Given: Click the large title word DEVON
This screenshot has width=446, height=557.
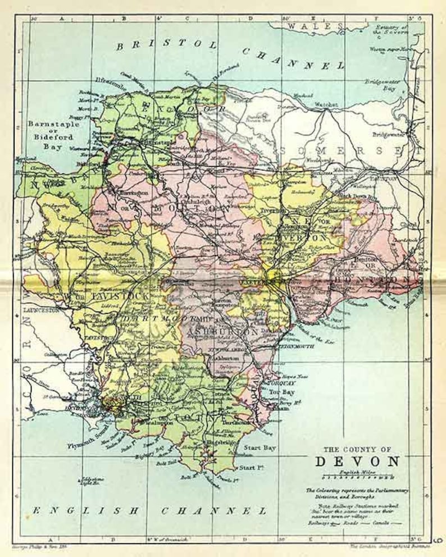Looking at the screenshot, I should [x=357, y=461].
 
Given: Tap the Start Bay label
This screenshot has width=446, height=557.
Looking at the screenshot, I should [x=260, y=448].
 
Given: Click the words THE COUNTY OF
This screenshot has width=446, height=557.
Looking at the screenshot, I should [x=357, y=449].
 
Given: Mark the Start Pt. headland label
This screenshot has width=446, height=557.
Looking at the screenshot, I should [x=251, y=467].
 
